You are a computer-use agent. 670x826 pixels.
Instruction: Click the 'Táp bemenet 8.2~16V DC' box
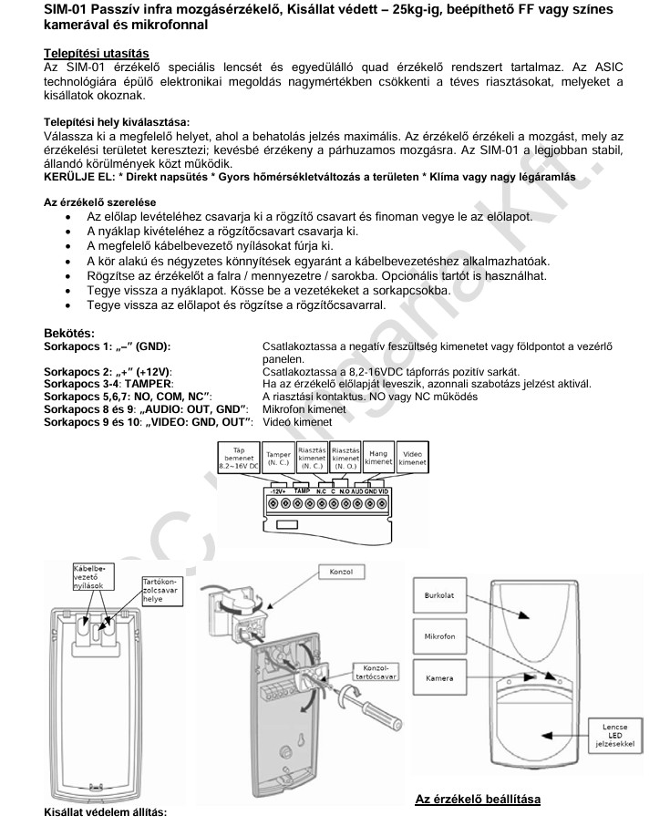(x=239, y=458)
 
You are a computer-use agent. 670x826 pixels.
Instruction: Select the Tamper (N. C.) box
(x=277, y=458)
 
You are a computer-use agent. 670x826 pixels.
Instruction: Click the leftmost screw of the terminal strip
(x=271, y=503)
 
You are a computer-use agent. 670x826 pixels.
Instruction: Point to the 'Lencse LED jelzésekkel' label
(x=617, y=732)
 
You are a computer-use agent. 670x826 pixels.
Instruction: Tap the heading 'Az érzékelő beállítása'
(x=478, y=800)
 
